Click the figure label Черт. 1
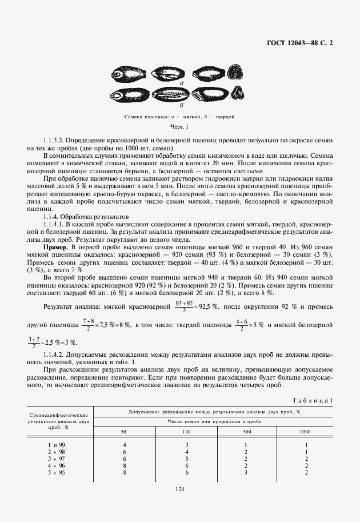point(180,126)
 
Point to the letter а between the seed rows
point(181,83)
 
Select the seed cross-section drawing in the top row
point(234,72)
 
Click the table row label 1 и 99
point(56,445)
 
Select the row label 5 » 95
point(56,472)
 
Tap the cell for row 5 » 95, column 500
point(245,472)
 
